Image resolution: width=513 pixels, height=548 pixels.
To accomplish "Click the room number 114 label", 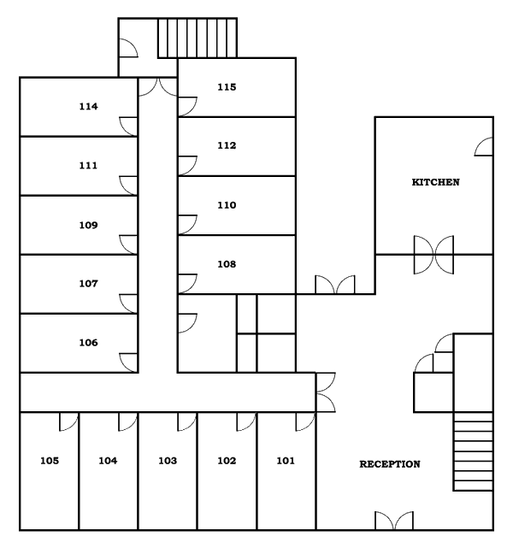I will (x=88, y=107).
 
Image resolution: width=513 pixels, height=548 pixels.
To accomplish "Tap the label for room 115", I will (x=226, y=87).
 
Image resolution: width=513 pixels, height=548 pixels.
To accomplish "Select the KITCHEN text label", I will (x=436, y=182).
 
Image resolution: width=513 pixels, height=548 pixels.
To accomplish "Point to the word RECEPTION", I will (x=390, y=464).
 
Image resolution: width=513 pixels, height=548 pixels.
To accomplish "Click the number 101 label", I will (x=285, y=461).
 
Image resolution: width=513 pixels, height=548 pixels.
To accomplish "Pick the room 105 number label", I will (x=50, y=461).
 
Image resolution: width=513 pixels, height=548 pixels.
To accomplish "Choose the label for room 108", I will (x=226, y=264).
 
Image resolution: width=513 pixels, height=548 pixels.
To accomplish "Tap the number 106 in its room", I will (x=88, y=343).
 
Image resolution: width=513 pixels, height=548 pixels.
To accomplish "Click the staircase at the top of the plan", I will (x=198, y=38).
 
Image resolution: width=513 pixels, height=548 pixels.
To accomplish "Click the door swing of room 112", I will (x=187, y=165).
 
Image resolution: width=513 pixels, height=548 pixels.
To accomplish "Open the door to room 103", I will (x=187, y=421).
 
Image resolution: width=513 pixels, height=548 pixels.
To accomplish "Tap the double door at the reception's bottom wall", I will (x=394, y=520).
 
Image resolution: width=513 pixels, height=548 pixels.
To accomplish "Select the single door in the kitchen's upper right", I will (x=483, y=147).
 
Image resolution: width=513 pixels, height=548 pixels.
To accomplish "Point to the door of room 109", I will (x=129, y=244).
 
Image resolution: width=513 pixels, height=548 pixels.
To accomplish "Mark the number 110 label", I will (x=226, y=205).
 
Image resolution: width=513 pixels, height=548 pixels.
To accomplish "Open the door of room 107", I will (x=129, y=303).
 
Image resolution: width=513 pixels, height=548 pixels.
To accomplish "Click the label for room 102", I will (x=226, y=461).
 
